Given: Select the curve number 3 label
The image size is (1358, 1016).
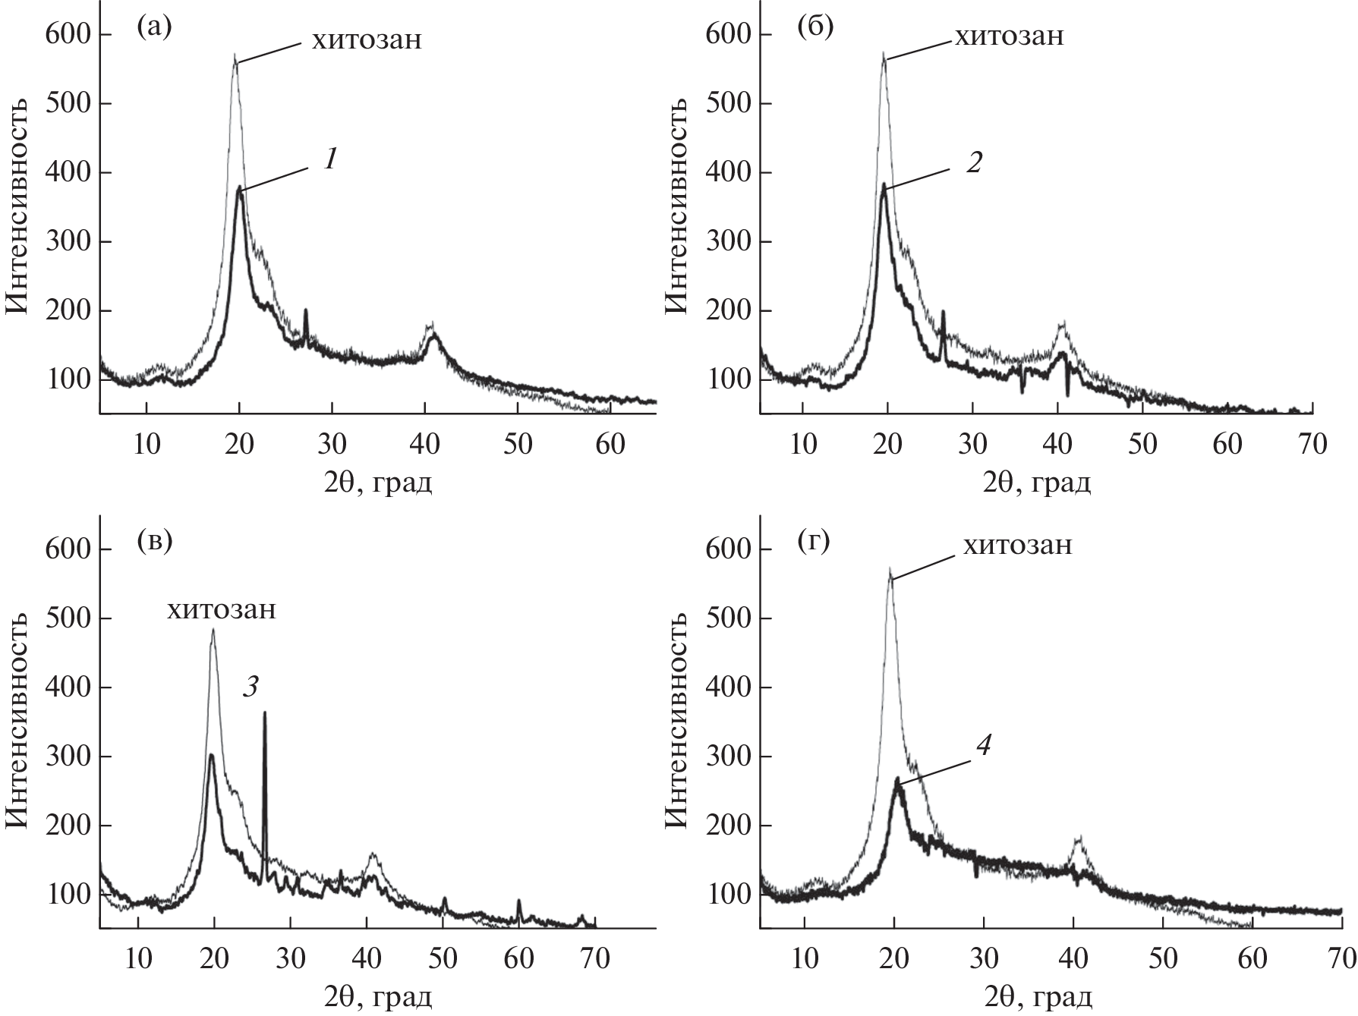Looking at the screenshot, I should (x=250, y=687).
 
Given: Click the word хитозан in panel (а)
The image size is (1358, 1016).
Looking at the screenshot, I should (x=366, y=39).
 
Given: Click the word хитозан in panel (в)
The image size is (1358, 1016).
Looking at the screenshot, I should (x=222, y=609).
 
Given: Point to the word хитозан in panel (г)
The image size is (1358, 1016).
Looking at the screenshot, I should (x=1018, y=545).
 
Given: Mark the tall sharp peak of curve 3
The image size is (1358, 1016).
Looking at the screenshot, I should (x=265, y=713).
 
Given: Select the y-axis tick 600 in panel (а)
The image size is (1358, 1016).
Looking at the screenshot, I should (x=68, y=35).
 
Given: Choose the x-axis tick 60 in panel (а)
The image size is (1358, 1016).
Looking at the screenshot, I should (x=610, y=443).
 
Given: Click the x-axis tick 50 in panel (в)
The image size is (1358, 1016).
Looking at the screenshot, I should (x=443, y=958).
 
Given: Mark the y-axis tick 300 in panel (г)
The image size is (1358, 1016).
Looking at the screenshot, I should (x=728, y=756).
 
